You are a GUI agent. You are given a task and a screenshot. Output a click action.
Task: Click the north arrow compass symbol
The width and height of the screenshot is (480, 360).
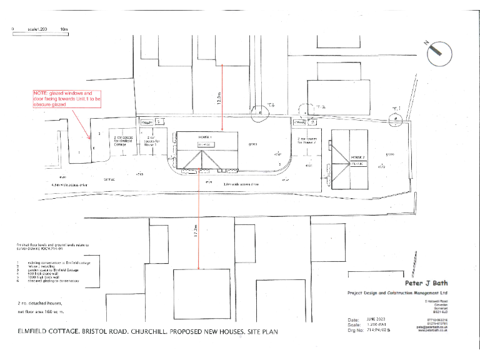(x=439, y=53)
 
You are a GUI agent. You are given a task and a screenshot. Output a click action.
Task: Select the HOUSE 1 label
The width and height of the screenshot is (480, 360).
(x=206, y=136)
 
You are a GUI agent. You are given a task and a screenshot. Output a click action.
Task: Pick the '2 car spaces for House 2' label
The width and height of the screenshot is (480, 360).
(x=309, y=141)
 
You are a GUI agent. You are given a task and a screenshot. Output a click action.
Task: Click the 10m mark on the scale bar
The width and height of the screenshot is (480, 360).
(x=64, y=29)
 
